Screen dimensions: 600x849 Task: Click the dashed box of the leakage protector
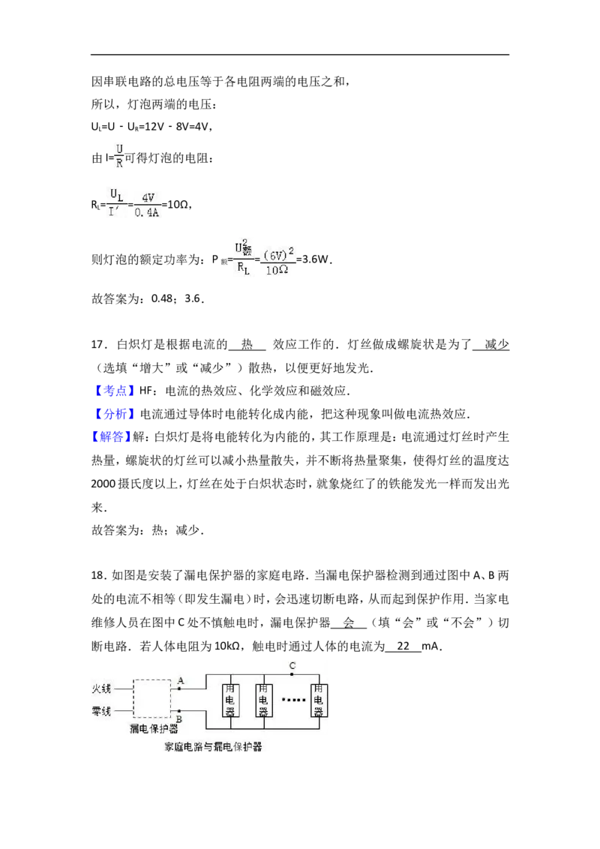coord(133,698)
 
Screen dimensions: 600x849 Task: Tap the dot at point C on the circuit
coord(292,675)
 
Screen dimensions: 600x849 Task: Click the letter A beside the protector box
coord(181,680)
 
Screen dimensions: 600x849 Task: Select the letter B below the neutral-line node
coord(178,718)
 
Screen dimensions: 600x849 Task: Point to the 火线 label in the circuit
coord(101,688)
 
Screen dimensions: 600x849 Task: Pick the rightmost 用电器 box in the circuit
coord(319,700)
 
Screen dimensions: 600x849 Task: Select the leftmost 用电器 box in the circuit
coord(230,700)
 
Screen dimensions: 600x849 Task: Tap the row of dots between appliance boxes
coord(293,700)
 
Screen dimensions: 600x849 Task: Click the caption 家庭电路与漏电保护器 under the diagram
coord(213,747)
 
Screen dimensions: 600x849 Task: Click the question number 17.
coord(97,345)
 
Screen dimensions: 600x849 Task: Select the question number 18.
coord(97,575)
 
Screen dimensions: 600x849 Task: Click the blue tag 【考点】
coord(111,391)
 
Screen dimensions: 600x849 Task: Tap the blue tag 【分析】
coord(111,414)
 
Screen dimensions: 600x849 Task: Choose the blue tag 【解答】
coord(111,437)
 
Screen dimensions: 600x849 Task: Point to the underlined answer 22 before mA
coord(403,646)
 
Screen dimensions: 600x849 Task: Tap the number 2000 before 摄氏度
coord(103,484)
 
